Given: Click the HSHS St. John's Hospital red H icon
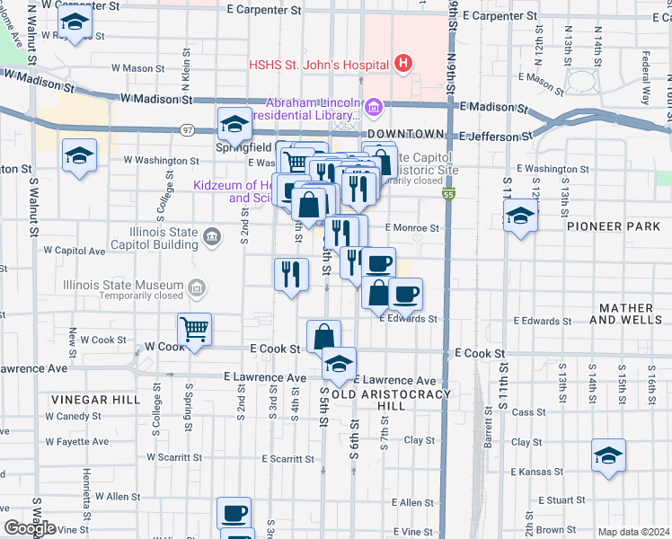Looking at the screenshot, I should (x=404, y=64).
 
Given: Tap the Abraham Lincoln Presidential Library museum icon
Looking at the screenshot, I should (x=374, y=109).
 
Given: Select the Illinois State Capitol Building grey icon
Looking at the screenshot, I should (x=211, y=237).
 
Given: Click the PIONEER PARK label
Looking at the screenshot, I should (x=614, y=227).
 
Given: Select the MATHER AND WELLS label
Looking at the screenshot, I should (x=627, y=314).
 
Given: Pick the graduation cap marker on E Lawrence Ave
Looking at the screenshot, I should (x=339, y=364).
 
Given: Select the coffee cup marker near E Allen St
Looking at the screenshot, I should (x=234, y=514).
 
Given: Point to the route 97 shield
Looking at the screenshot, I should (x=187, y=130).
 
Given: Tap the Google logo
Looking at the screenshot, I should (x=30, y=528).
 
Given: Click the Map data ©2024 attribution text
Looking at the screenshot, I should (x=633, y=532).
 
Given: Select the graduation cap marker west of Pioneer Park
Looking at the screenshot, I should (x=519, y=216).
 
